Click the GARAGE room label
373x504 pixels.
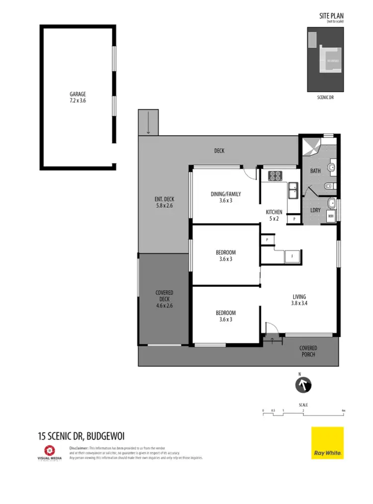tap(78, 96)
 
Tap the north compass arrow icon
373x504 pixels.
tap(303, 385)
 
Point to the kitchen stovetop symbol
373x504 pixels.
tap(275, 175)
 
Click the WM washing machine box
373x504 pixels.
tap(330, 216)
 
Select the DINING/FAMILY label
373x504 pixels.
tap(226, 198)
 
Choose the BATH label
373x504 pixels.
tap(315, 171)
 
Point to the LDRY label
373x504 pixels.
tap(315, 210)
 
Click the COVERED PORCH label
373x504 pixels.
tap(308, 351)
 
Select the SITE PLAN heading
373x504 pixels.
tap(331, 16)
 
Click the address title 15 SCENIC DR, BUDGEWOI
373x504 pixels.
tap(81, 436)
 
